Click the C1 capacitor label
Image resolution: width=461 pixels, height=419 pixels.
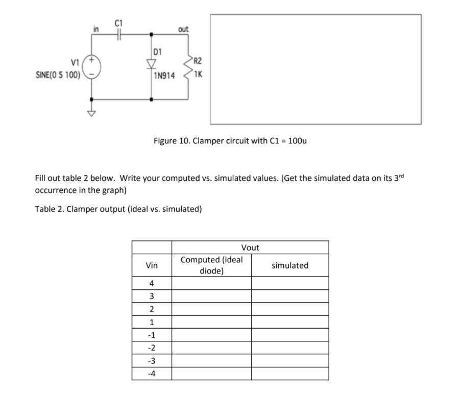[x=119, y=22]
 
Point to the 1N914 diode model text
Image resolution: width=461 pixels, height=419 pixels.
[x=164, y=76]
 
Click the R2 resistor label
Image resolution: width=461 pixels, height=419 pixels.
[x=198, y=61]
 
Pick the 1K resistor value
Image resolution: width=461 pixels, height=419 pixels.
[x=198, y=73]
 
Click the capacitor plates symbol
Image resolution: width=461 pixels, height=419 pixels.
[x=119, y=34]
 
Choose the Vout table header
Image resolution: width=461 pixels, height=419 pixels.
[x=250, y=248]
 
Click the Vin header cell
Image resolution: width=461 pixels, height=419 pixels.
[x=152, y=265]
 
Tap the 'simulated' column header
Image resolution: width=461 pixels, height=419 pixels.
[x=289, y=265]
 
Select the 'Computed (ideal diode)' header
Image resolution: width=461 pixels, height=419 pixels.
[x=211, y=265]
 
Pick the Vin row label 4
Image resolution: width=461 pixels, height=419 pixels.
[x=152, y=283]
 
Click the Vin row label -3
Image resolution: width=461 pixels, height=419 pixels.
[x=152, y=361]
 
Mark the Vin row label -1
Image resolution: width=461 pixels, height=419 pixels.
[x=152, y=335]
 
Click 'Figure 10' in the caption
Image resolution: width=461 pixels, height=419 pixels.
[x=171, y=140]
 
